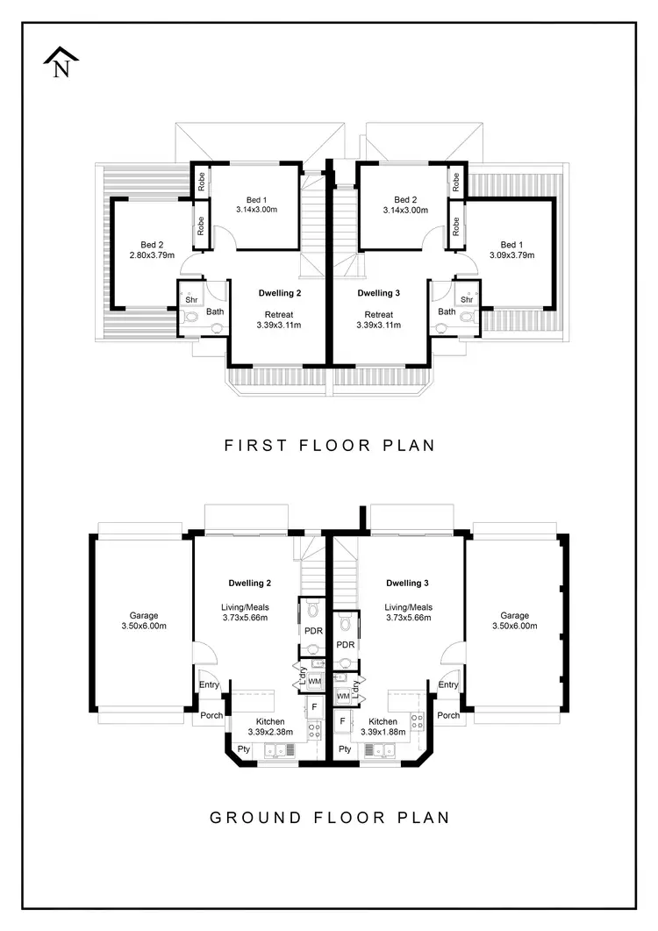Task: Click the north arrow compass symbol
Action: click(61, 64)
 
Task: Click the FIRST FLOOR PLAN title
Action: click(330, 446)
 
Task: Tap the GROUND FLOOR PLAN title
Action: click(330, 818)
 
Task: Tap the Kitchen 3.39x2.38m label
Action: click(264, 727)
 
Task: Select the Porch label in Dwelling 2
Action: click(211, 715)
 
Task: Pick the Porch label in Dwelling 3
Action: click(448, 715)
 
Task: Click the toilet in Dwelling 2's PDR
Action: click(312, 613)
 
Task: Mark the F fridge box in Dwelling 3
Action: click(342, 721)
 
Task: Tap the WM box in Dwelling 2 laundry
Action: click(313, 681)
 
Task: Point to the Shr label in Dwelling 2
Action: click(191, 299)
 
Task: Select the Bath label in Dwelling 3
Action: click(447, 312)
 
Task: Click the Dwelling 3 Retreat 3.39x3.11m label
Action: click(379, 319)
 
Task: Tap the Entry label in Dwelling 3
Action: click(448, 685)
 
